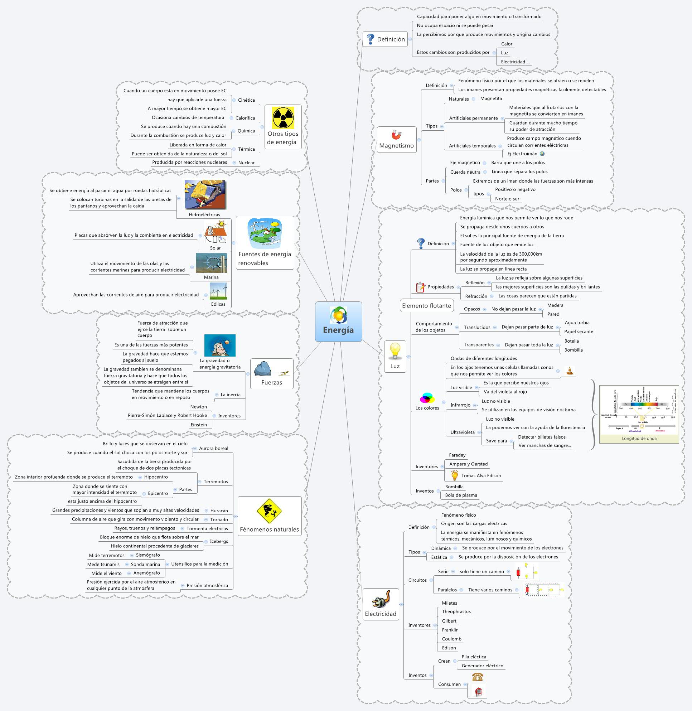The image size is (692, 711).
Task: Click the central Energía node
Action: tap(338, 322)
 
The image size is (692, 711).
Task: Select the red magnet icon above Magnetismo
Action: tap(396, 135)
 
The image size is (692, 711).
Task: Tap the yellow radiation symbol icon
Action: tap(283, 118)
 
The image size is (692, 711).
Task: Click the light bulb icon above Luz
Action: tap(395, 351)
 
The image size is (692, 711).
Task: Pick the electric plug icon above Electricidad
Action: tap(381, 599)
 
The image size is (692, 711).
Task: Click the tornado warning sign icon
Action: tap(269, 511)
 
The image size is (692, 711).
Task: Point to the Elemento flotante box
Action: tap(426, 306)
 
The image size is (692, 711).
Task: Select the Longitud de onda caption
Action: tap(639, 438)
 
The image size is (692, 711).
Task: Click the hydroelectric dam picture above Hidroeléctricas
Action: tap(205, 195)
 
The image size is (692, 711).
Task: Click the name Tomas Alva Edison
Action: tap(481, 475)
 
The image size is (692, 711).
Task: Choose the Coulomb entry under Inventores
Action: tap(451, 639)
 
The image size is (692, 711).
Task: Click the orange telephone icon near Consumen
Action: tap(477, 677)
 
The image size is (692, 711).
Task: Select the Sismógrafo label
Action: tap(147, 555)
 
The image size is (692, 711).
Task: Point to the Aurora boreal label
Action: tap(213, 448)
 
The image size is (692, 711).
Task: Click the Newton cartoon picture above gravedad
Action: tap(220, 345)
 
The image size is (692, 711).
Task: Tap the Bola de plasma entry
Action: tap(461, 495)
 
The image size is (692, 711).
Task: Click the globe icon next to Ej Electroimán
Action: tap(542, 154)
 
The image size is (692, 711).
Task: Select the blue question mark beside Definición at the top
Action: tap(371, 39)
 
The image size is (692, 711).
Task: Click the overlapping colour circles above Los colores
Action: tap(427, 398)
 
